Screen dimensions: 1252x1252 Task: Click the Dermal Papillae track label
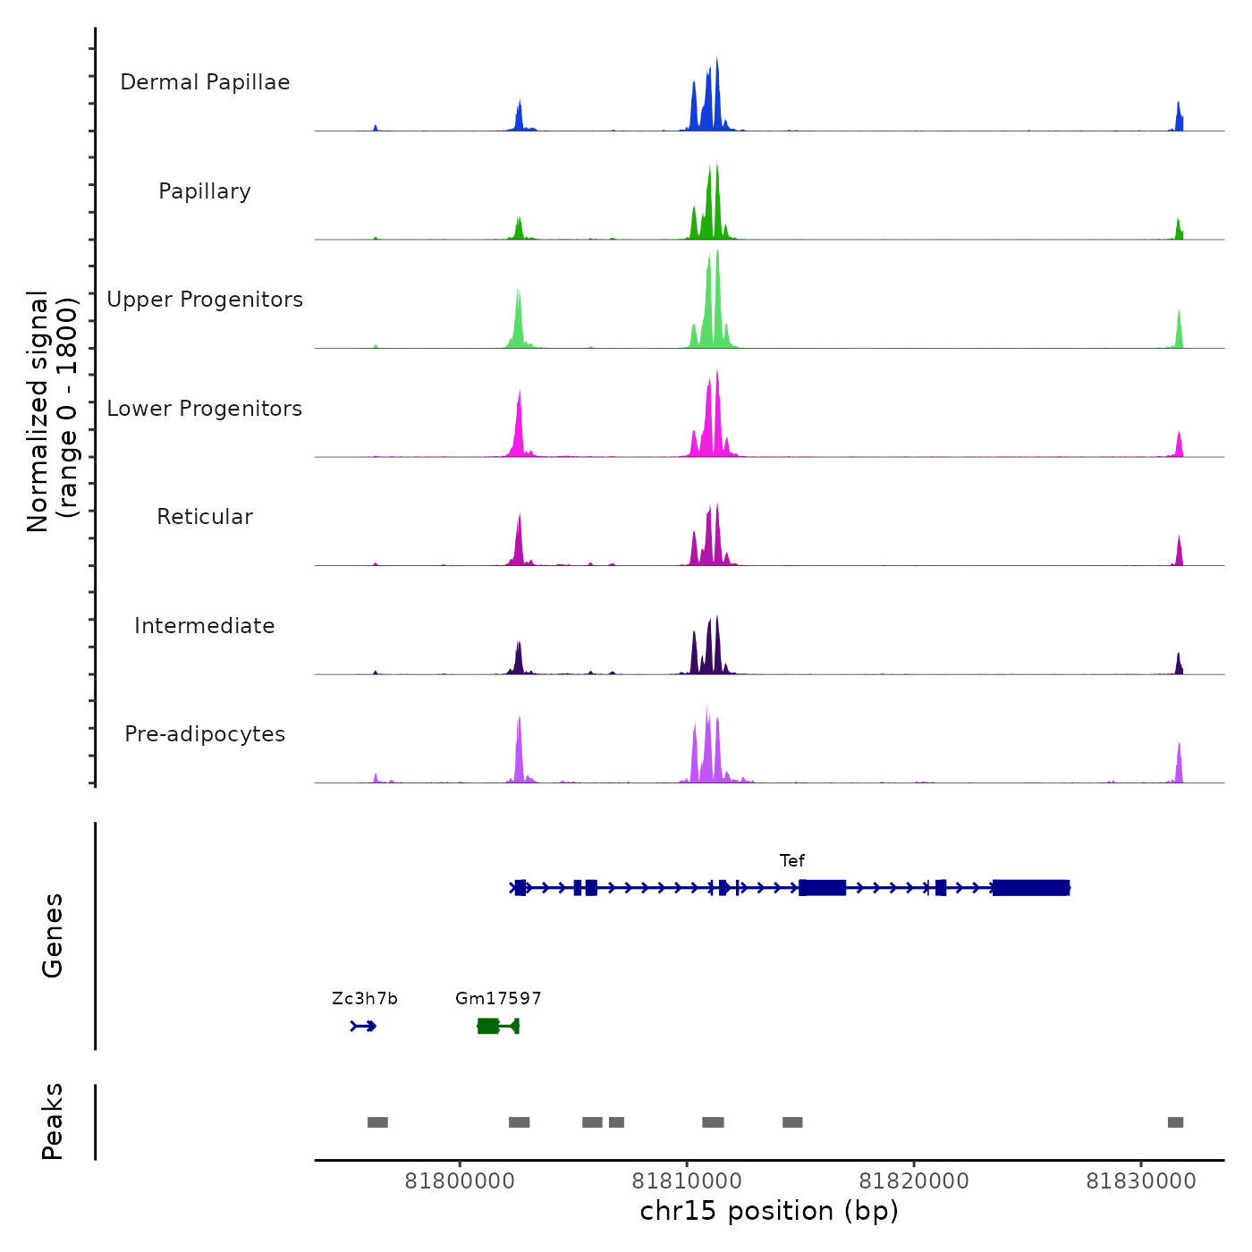click(205, 82)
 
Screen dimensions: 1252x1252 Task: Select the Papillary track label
click(205, 191)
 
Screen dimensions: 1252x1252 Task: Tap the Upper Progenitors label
click(205, 300)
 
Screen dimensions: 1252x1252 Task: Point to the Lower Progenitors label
click(205, 409)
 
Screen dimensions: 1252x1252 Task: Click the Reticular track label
click(205, 517)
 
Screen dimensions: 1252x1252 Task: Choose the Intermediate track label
click(205, 626)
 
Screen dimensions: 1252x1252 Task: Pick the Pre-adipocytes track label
click(205, 734)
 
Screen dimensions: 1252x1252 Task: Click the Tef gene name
click(792, 861)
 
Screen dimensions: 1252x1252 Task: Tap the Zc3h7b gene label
click(365, 999)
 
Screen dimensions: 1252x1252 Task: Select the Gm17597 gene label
click(498, 999)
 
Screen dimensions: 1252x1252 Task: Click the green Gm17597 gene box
click(488, 1026)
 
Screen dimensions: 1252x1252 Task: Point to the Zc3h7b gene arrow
click(364, 1026)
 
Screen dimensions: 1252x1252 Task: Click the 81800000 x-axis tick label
click(460, 1181)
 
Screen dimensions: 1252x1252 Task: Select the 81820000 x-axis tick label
click(914, 1181)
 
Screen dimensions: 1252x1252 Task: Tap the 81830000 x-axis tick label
click(1141, 1181)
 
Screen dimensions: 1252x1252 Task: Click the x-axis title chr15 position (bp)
click(769, 1212)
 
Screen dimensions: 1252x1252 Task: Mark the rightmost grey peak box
click(1175, 1122)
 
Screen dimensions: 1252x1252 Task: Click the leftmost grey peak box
click(377, 1122)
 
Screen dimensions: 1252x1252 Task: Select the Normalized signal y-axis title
click(52, 410)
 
